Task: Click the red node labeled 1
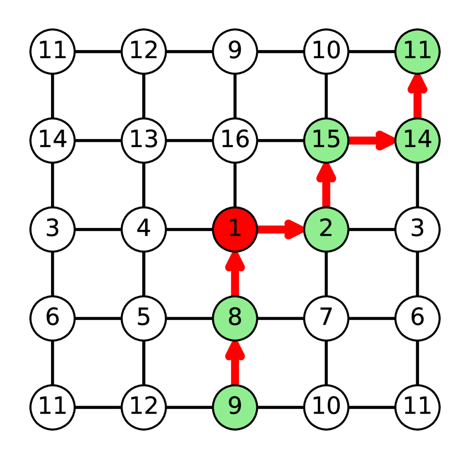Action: [235, 229]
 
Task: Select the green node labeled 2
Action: [326, 229]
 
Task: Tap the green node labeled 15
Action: [326, 140]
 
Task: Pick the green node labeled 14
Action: [418, 140]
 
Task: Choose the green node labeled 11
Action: [418, 51]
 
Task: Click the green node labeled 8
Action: [235, 318]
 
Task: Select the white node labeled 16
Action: [235, 140]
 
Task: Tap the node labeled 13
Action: [144, 140]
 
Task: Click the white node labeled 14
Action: [52, 140]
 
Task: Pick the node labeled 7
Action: [326, 318]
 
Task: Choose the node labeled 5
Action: [144, 318]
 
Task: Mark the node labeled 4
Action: [144, 229]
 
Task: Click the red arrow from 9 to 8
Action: [235, 364]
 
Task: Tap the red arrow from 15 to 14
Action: [371, 140]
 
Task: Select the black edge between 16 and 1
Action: [235, 184]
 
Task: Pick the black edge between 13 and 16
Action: [189, 140]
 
